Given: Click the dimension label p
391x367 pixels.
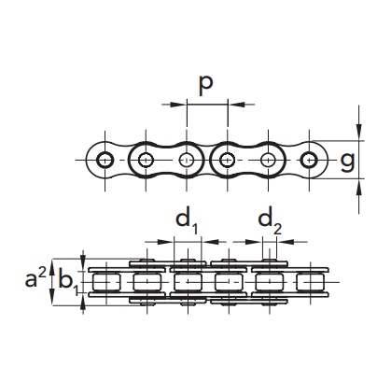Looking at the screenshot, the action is [x=205, y=84].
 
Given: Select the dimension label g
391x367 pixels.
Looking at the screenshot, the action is [x=347, y=162].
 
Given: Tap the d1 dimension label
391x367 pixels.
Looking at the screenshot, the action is [x=187, y=221].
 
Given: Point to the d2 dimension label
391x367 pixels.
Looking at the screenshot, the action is [x=270, y=221].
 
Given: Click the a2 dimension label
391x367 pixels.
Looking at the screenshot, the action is [x=35, y=278].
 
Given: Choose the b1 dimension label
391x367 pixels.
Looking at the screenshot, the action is [x=68, y=282].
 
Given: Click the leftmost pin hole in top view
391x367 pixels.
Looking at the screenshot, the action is [x=105, y=160].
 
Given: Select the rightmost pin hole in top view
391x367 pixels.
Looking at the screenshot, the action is [x=309, y=160].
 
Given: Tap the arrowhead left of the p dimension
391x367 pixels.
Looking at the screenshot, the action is [x=178, y=105].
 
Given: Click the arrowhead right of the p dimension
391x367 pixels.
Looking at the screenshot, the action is [x=236, y=105].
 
